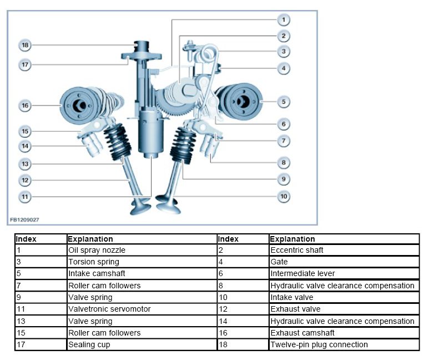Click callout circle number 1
click(x=283, y=20)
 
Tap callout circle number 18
click(x=24, y=44)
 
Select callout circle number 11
click(x=24, y=196)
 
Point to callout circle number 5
click(x=283, y=102)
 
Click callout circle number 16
click(x=24, y=104)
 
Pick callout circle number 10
click(x=283, y=196)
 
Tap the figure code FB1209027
click(x=24, y=220)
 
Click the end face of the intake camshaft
click(x=243, y=102)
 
